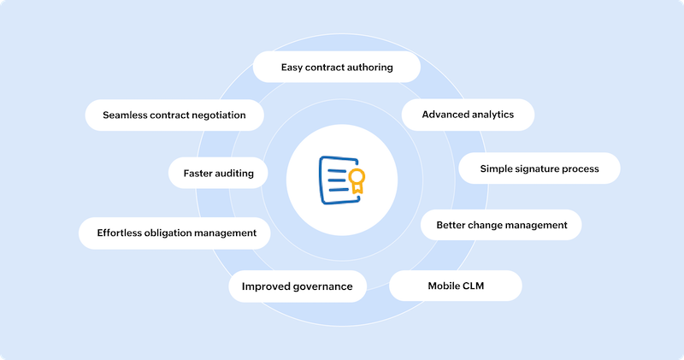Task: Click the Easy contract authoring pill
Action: coord(337,67)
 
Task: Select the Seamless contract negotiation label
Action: coord(174,115)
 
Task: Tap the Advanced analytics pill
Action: coord(468,114)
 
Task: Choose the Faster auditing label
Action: coord(218,173)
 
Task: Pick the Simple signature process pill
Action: coord(539,168)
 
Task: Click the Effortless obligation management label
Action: coord(177,233)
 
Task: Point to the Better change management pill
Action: coord(501,225)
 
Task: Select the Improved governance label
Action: coord(297,286)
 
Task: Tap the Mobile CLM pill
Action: coord(456,286)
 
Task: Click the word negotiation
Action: coord(215,115)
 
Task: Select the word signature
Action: coord(539,168)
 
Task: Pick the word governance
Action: coord(320,286)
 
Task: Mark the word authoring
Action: coord(366,67)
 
